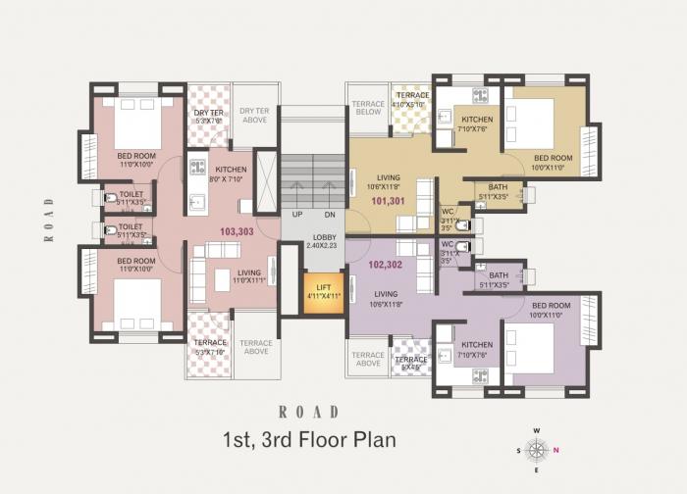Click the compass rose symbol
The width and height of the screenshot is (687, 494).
[536, 449]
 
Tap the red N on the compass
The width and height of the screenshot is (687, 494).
[555, 449]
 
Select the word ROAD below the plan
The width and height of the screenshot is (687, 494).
[309, 412]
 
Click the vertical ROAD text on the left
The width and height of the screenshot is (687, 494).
[47, 219]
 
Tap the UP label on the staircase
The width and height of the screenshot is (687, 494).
[297, 214]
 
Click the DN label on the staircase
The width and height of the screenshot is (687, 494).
[330, 214]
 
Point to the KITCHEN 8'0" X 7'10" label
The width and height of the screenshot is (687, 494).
[231, 174]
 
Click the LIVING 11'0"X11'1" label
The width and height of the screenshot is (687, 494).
[249, 277]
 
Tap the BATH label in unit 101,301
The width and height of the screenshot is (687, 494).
[498, 191]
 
